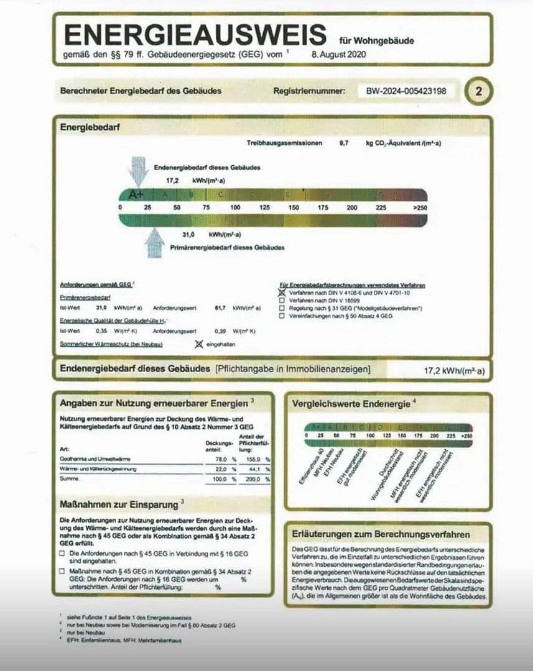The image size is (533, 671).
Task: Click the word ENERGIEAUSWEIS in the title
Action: click(195, 35)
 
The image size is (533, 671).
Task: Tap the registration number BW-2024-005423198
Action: click(406, 91)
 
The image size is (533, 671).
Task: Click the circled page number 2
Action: click(478, 91)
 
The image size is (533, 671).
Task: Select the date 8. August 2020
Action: click(338, 55)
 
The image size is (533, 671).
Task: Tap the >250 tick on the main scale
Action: click(420, 207)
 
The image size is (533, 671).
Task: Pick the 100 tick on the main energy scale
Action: click(235, 207)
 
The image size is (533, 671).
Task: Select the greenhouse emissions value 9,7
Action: click(344, 143)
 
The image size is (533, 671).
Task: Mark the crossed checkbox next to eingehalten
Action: click(199, 344)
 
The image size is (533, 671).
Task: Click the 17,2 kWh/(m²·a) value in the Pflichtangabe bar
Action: click(454, 370)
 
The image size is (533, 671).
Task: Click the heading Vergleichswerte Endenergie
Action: click(351, 404)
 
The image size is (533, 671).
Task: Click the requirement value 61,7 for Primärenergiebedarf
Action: click(219, 308)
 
